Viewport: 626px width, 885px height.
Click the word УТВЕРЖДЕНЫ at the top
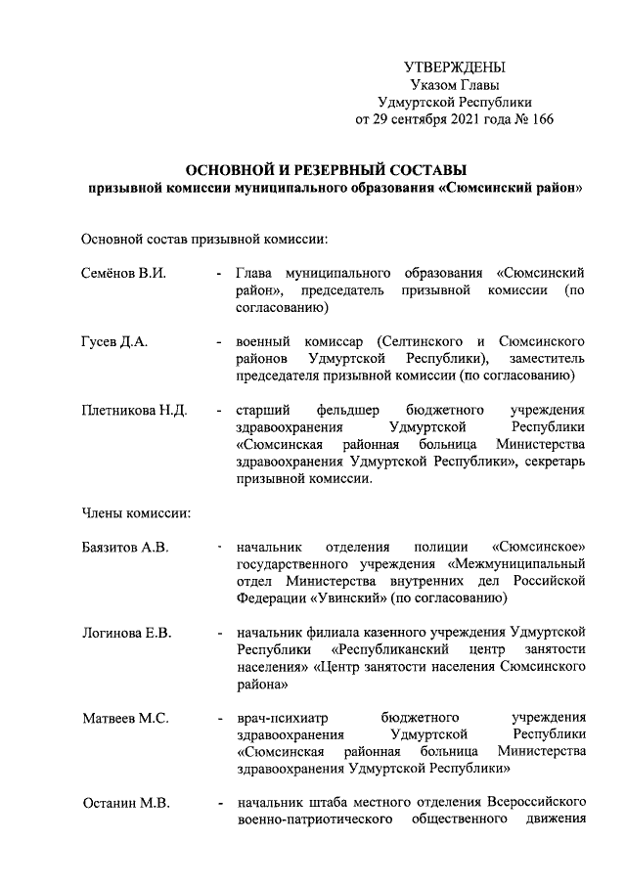pos(455,67)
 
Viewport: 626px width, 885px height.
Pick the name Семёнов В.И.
pos(123,272)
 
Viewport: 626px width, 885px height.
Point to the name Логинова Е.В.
pos(126,634)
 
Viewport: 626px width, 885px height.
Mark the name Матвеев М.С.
pos(124,719)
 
